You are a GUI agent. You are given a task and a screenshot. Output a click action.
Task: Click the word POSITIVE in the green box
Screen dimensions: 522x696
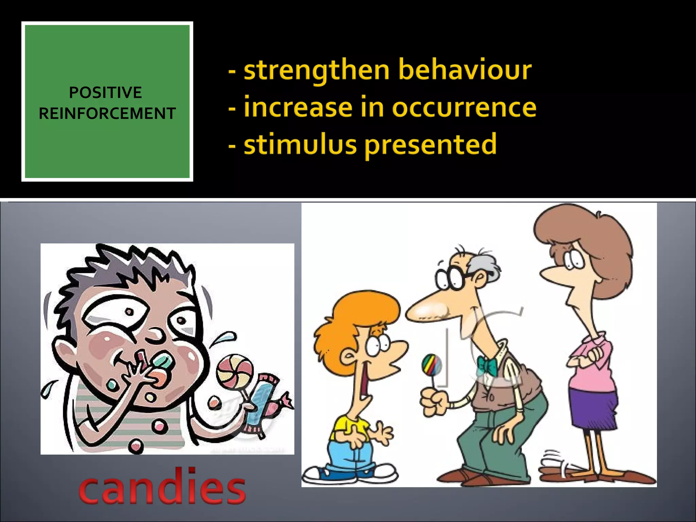pyautogui.click(x=105, y=92)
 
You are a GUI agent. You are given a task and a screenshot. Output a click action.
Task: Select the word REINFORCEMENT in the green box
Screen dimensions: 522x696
pyautogui.click(x=107, y=114)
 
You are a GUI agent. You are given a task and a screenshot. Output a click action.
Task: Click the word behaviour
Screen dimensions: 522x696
pyautogui.click(x=465, y=70)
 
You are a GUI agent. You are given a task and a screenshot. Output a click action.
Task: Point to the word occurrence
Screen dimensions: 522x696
pyautogui.click(x=464, y=107)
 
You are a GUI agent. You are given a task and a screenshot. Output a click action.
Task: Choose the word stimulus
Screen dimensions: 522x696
pyautogui.click(x=300, y=144)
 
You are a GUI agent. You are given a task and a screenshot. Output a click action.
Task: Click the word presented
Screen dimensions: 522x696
pyautogui.click(x=431, y=144)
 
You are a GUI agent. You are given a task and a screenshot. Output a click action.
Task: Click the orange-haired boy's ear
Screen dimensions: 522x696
pyautogui.click(x=348, y=357)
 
